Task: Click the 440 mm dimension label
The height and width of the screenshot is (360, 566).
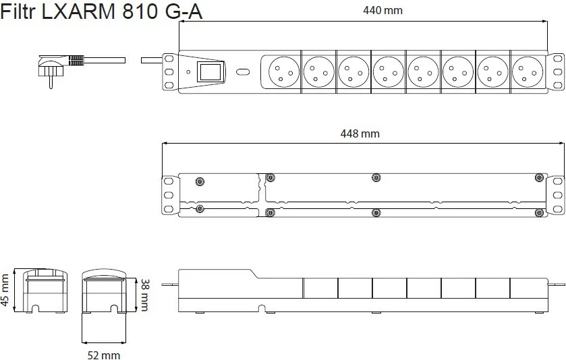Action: click(x=383, y=10)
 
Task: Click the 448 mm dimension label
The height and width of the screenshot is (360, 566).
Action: click(x=360, y=134)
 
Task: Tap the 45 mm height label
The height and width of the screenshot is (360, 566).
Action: click(x=5, y=290)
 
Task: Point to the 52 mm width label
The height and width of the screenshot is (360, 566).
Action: click(x=104, y=355)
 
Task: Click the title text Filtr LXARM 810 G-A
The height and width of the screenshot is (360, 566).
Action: click(x=101, y=11)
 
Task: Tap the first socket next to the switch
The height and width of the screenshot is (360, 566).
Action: click(x=284, y=71)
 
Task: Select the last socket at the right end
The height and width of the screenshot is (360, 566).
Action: click(x=528, y=71)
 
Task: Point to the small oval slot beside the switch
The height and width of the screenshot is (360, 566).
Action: click(x=243, y=71)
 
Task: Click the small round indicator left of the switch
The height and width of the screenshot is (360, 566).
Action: click(x=188, y=71)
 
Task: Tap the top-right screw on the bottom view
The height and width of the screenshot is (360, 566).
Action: click(x=539, y=177)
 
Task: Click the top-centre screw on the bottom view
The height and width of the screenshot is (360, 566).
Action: click(x=376, y=177)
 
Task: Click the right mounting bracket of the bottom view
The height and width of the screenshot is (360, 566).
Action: click(x=555, y=195)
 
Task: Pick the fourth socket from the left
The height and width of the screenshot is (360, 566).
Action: click(x=389, y=71)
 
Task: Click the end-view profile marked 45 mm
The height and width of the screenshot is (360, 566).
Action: click(x=45, y=291)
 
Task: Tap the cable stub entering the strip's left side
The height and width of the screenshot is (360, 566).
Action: click(x=152, y=60)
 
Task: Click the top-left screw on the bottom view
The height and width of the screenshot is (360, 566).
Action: click(x=199, y=181)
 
